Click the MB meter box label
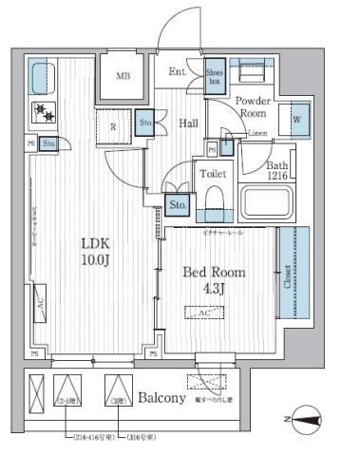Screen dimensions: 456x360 click(x=124, y=77)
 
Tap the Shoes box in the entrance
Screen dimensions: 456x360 click(x=216, y=75)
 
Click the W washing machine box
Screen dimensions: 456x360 click(x=297, y=120)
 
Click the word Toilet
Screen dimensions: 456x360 click(x=212, y=175)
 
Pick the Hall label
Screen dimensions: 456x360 click(x=187, y=122)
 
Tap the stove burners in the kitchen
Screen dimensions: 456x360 click(x=44, y=113)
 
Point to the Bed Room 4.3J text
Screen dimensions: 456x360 click(x=215, y=279)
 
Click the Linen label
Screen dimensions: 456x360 click(x=257, y=135)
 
